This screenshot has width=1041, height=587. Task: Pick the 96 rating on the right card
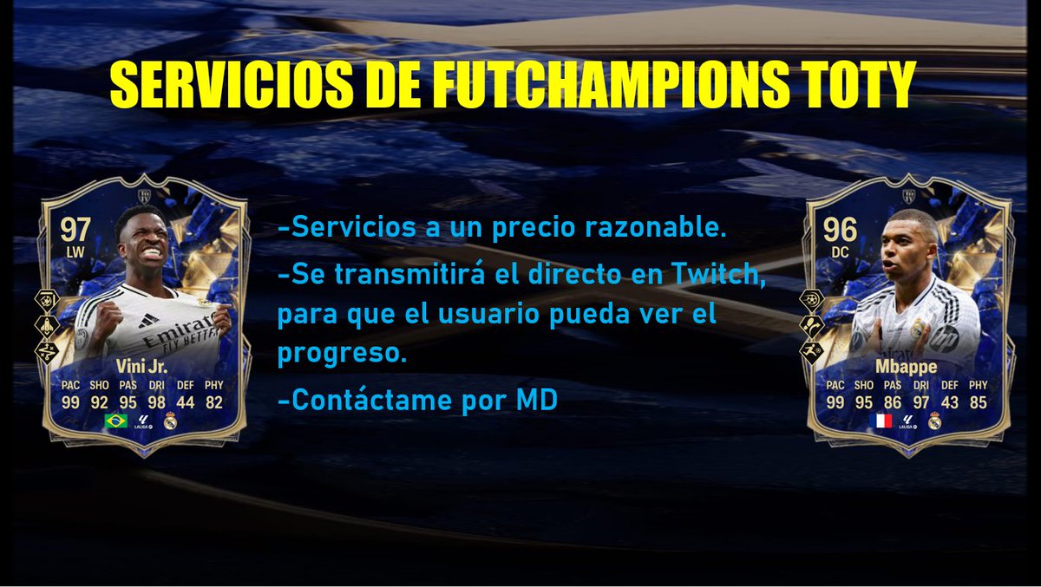pos(840,230)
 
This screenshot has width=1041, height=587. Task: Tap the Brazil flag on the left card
pos(115,421)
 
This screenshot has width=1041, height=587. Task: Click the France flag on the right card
pos(880,421)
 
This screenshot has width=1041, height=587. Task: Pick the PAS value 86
pos(894,401)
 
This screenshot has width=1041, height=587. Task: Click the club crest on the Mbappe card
pos(934,421)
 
